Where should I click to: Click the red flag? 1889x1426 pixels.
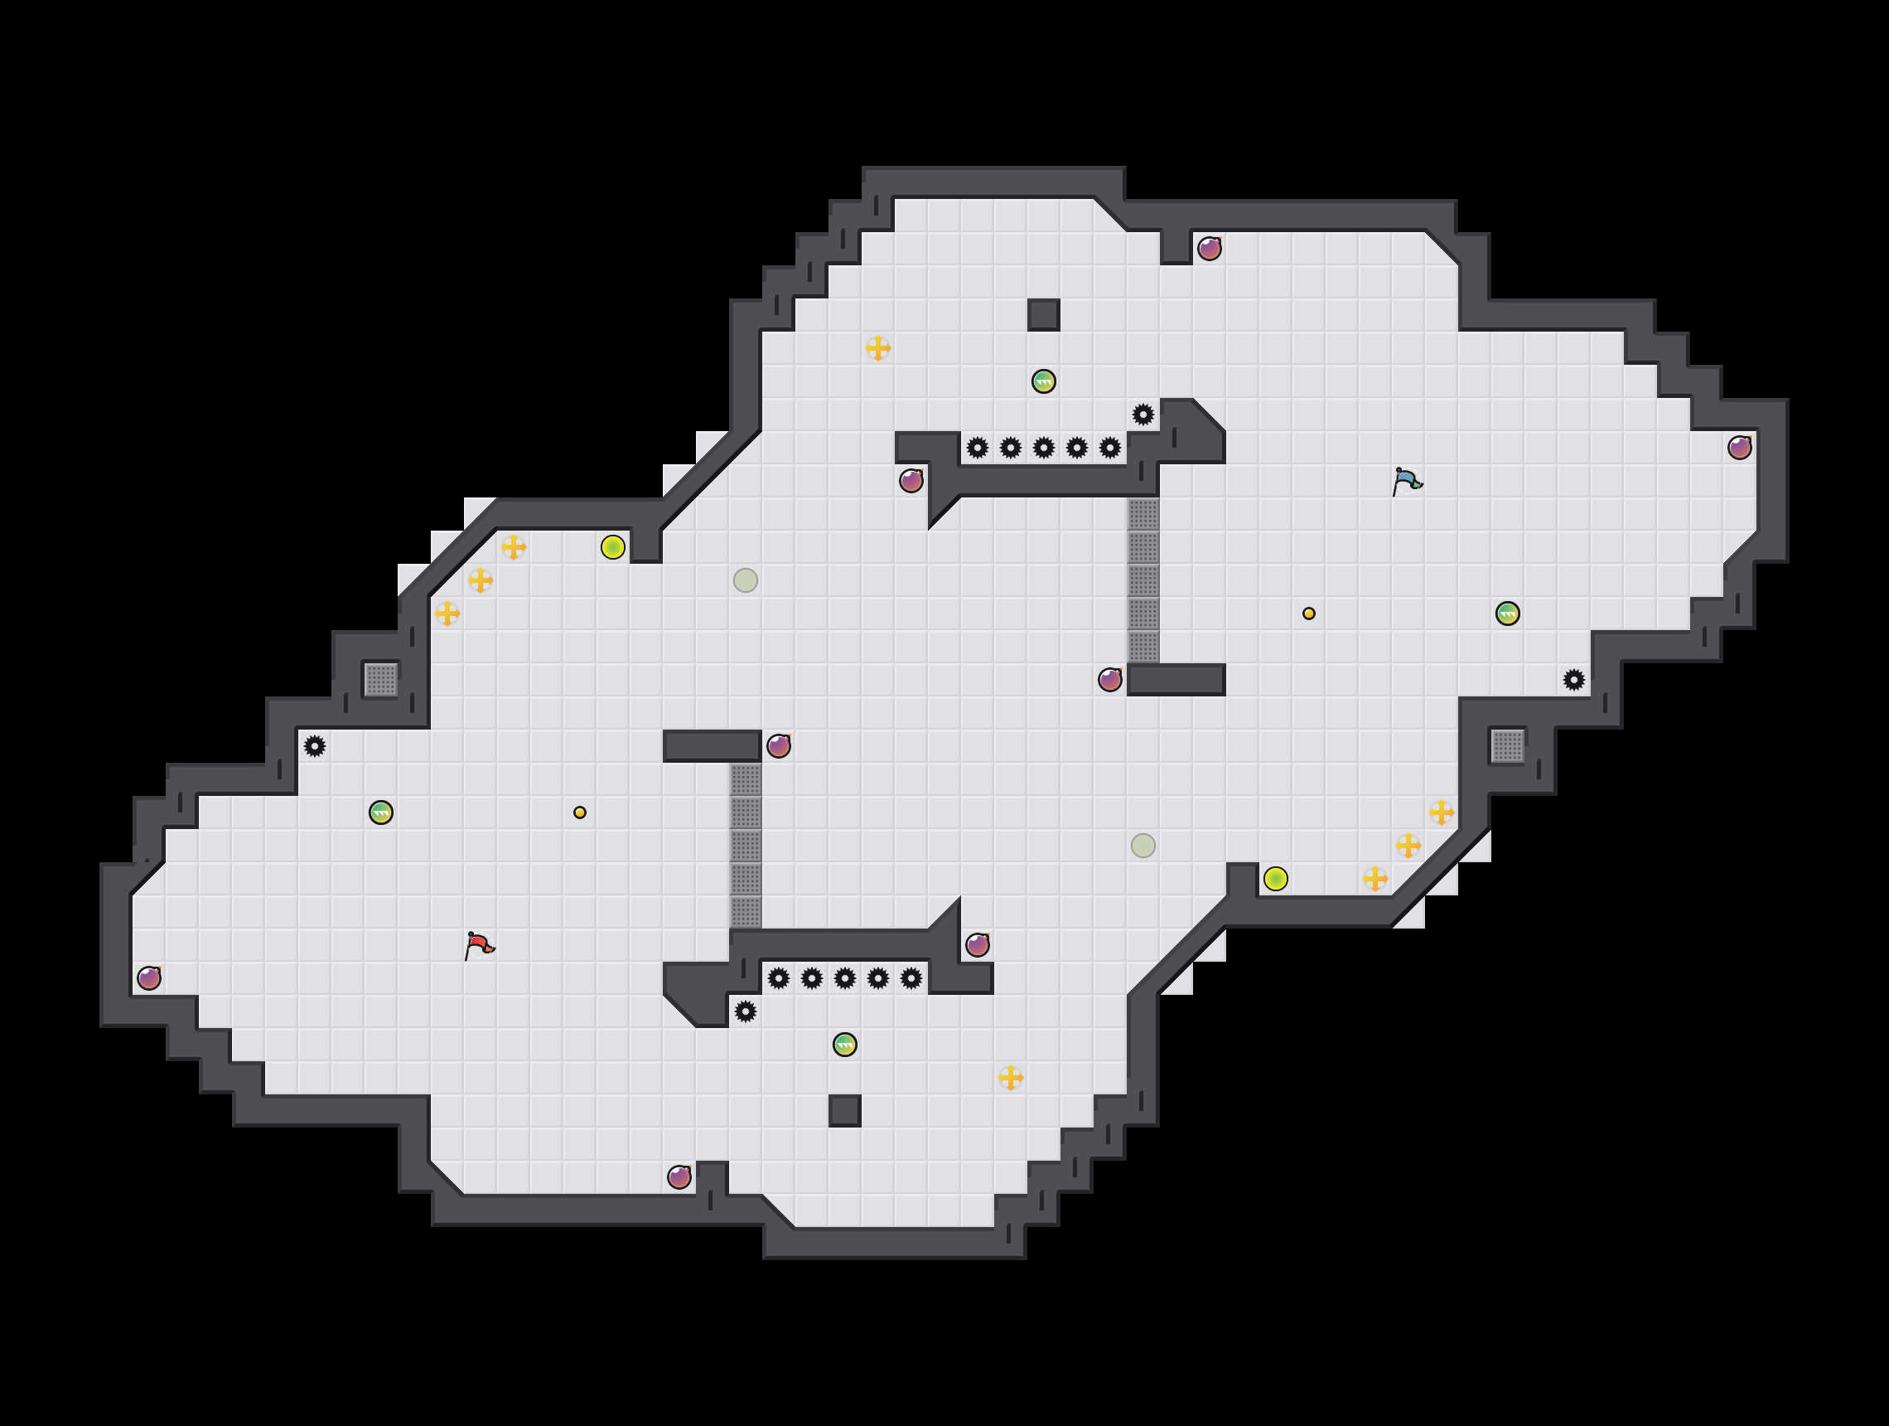coord(478,945)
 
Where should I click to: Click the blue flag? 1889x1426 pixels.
coord(1407,481)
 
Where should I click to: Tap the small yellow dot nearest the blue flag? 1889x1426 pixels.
coord(1308,614)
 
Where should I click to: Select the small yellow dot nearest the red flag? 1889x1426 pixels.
coord(580,812)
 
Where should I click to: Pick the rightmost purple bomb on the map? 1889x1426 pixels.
coord(1740,447)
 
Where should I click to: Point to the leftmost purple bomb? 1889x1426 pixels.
coord(149,977)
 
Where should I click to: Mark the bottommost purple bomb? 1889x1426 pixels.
coord(679,1176)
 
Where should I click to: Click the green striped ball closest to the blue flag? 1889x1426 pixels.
coord(1507,614)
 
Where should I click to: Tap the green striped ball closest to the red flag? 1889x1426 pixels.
coord(381,812)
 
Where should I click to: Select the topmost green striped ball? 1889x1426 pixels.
coord(1044,381)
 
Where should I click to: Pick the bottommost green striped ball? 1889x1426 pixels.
coord(844,1044)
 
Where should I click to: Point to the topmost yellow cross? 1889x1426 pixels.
coord(878,347)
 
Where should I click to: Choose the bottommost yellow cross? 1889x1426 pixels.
coord(1010,1078)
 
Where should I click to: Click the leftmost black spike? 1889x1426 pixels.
coord(315,746)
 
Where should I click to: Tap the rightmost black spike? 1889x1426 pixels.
coord(1574,680)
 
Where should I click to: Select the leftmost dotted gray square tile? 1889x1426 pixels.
coord(381,680)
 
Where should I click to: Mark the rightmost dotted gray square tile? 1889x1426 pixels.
coord(1507,746)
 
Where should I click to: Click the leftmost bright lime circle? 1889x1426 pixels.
coord(613,547)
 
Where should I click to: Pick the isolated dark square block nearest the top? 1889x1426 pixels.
coord(1044,314)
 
